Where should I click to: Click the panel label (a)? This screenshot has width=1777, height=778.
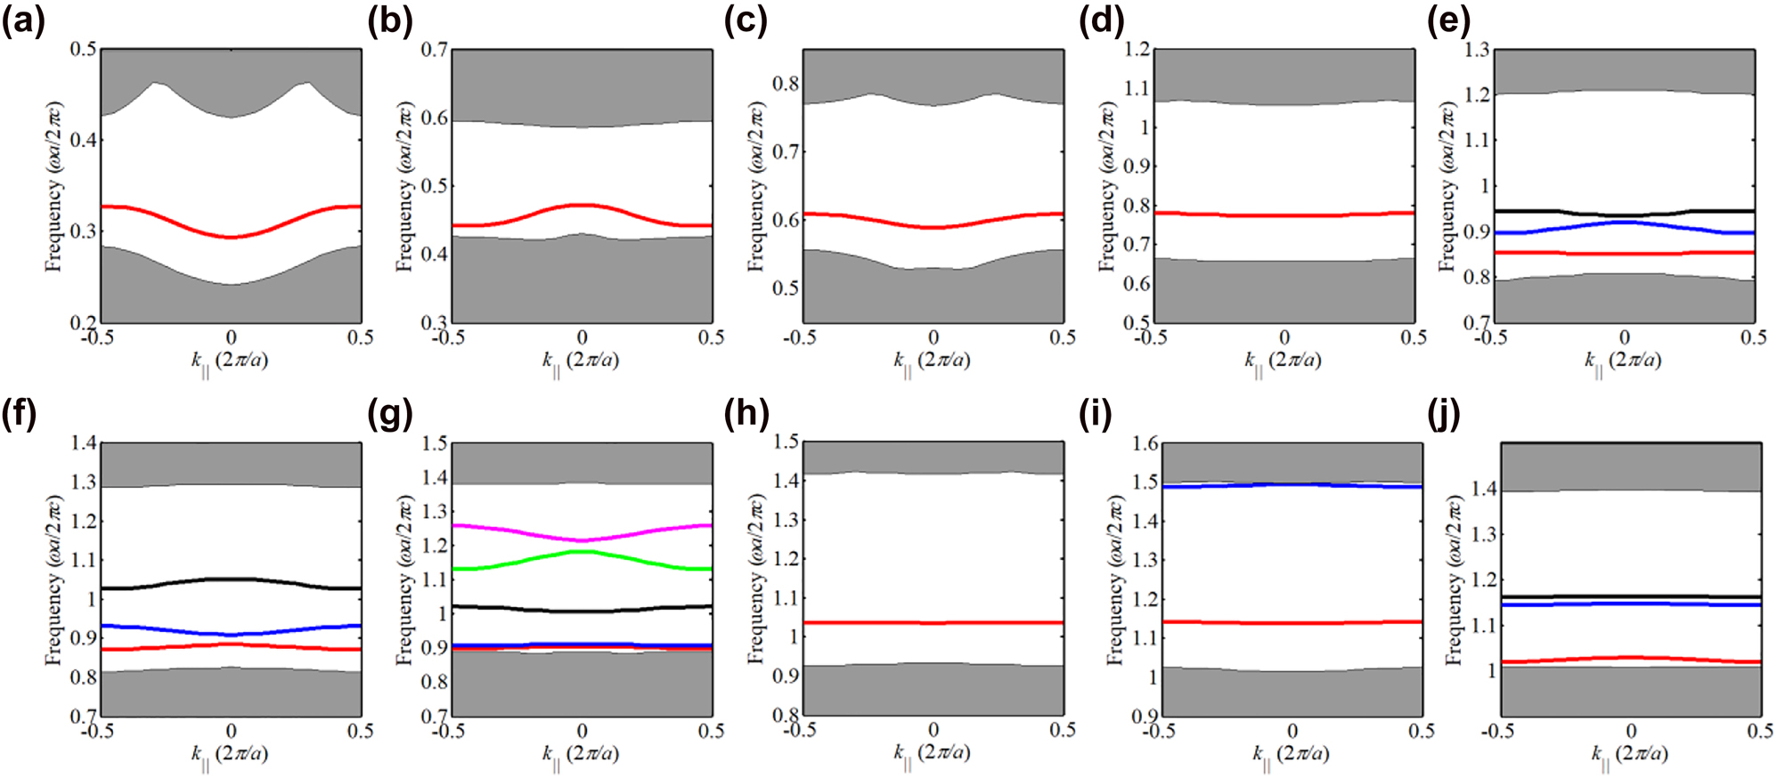click(x=22, y=20)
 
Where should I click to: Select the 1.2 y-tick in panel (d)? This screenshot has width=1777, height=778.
click(x=1137, y=49)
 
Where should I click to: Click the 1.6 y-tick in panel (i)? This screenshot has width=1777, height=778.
click(x=1145, y=443)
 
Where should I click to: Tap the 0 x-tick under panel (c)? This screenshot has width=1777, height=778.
click(x=933, y=338)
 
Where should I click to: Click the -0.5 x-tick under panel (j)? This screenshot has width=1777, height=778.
click(x=1497, y=732)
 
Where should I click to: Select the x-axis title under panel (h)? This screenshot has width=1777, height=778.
click(x=932, y=754)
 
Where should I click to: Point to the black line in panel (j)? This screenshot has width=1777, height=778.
click(x=1630, y=596)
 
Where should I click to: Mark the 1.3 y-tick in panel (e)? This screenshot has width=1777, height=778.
click(x=1476, y=49)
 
